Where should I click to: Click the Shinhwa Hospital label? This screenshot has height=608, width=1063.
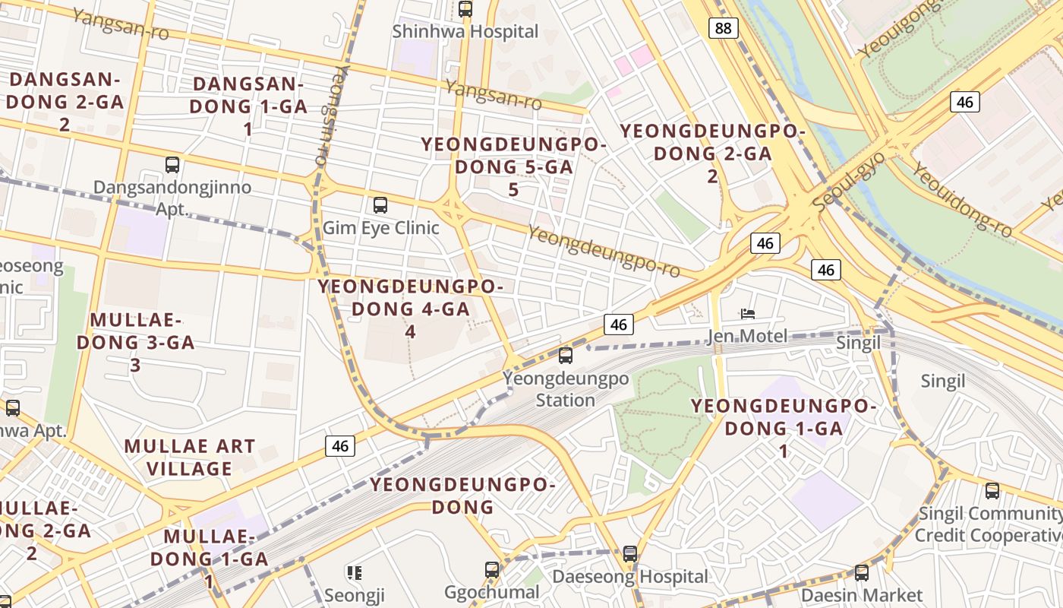coord(465,32)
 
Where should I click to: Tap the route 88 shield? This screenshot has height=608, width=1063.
coord(724,29)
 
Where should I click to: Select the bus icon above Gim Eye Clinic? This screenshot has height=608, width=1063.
coord(380,205)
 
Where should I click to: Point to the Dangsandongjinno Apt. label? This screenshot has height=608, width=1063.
coord(172,197)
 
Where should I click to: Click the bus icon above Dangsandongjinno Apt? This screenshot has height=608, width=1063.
coord(172,165)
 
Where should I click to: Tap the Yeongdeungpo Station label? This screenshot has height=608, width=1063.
coord(566,389)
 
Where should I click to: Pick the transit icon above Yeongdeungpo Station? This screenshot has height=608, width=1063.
coord(565,355)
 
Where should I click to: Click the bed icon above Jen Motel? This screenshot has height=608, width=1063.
coord(748,313)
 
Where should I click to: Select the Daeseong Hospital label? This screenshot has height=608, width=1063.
coord(629,577)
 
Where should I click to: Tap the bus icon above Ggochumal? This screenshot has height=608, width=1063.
coord(492,569)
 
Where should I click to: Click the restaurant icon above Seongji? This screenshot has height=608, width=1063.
coord(354,572)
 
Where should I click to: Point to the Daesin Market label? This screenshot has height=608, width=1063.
coord(862,595)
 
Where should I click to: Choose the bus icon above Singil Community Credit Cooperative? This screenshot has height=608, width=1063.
coord(992,491)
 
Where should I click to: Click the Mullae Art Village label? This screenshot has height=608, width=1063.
coord(189,458)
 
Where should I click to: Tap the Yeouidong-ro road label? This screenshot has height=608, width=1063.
coord(962,198)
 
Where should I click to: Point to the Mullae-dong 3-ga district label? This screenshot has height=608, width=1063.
coord(136,342)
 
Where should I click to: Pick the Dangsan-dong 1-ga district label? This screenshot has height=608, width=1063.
coord(248,106)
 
